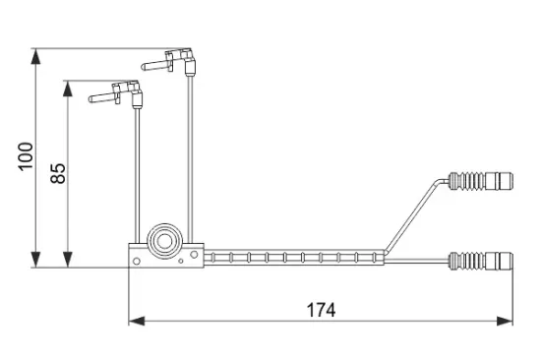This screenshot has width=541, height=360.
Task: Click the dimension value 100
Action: pyautogui.click(x=26, y=156)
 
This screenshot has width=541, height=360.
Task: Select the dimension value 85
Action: pyautogui.click(x=58, y=173)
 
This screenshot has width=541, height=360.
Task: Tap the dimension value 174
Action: pyautogui.click(x=321, y=310)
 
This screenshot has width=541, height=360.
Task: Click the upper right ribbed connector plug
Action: pyautogui.click(x=481, y=181)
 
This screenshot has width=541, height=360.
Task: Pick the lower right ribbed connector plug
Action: pyautogui.click(x=481, y=261)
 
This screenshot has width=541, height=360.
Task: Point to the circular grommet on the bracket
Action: pyautogui.click(x=164, y=241)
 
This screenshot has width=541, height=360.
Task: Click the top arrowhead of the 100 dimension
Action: pyautogui.click(x=35, y=56)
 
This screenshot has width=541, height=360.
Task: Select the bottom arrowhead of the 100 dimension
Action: pyautogui.click(x=35, y=260)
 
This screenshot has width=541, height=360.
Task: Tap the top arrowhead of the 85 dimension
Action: pyautogui.click(x=68, y=89)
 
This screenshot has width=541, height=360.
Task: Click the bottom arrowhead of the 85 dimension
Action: pyautogui.click(x=68, y=260)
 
